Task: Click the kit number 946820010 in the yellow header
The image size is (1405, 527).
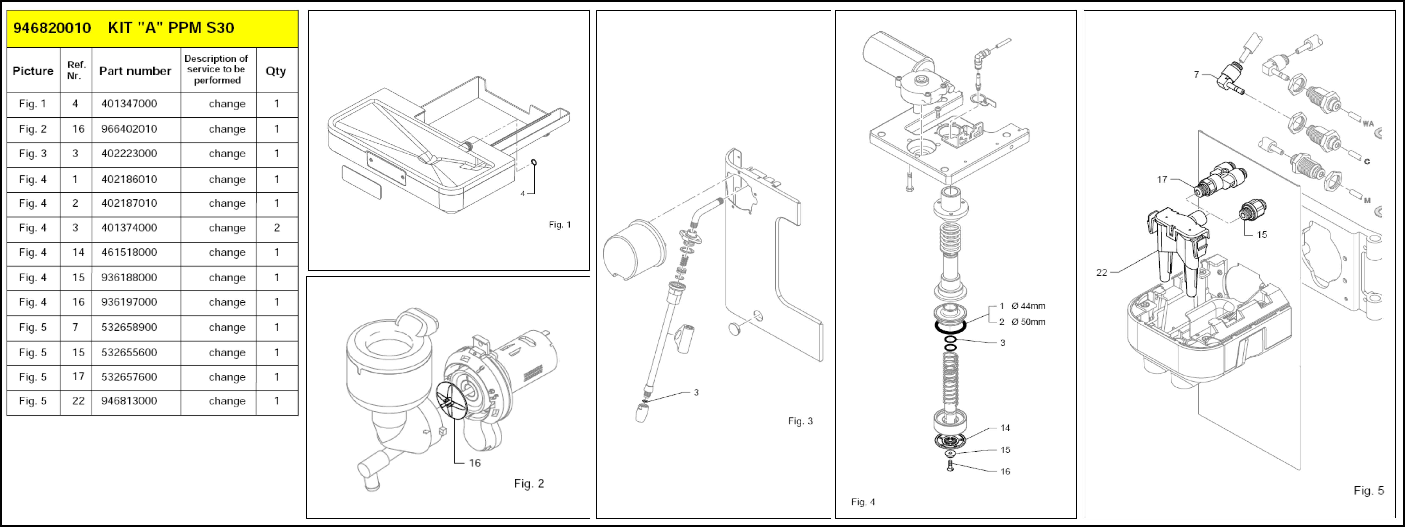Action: point(52,28)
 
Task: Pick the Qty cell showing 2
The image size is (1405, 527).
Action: point(277,227)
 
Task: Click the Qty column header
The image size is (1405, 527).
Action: point(275,71)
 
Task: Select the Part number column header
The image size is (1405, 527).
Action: point(135,71)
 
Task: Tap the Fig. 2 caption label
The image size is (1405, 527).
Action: point(529,483)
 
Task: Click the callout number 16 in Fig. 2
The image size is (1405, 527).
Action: point(475,463)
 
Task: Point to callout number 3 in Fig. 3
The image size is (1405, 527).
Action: point(696,392)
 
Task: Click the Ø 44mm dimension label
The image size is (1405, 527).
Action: point(1028,305)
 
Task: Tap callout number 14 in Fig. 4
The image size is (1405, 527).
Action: point(1005,428)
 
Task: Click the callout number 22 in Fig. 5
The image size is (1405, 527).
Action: point(1102,272)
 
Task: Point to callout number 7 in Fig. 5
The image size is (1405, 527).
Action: point(1196,74)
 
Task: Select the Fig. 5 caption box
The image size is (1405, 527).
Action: point(1368,491)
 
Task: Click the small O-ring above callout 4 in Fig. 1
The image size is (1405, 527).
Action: point(534,162)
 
